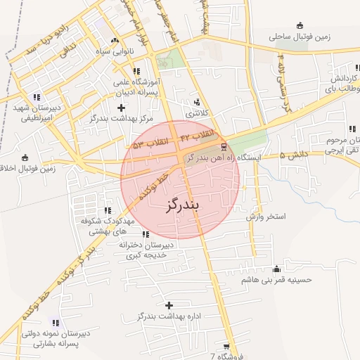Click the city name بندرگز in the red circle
(x=181, y=206)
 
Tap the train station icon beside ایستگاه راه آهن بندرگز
(x=224, y=147)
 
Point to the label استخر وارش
(x=266, y=217)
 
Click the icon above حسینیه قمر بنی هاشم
(x=276, y=269)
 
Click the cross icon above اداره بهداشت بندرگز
(x=169, y=305)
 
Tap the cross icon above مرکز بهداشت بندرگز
(x=122, y=108)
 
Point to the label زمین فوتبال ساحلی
(x=300, y=35)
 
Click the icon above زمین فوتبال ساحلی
(x=300, y=25)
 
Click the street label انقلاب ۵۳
(x=153, y=143)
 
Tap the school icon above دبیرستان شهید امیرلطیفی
(x=37, y=97)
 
